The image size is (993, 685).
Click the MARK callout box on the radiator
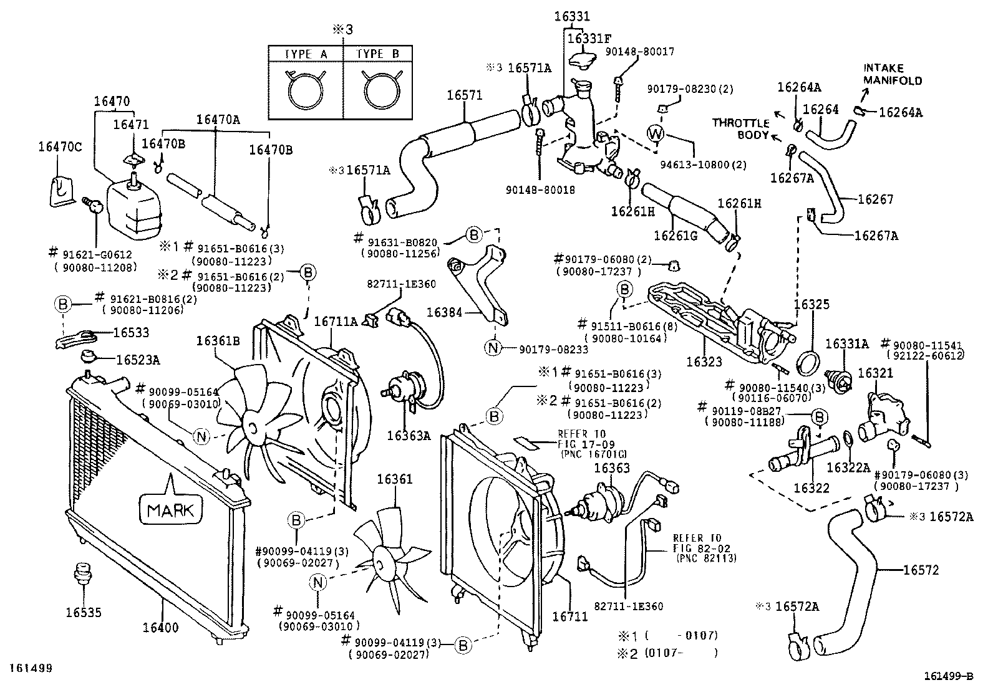click(x=171, y=510)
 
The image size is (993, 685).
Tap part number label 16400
click(x=160, y=628)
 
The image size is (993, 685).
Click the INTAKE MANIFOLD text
click(x=893, y=74)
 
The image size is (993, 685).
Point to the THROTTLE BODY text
click(x=742, y=128)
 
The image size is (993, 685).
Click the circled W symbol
click(x=656, y=133)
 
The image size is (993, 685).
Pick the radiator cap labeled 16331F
click(x=584, y=60)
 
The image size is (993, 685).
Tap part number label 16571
click(x=464, y=95)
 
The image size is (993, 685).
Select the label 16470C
click(x=59, y=147)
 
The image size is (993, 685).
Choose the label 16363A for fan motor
click(x=409, y=435)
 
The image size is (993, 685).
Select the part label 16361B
click(x=218, y=341)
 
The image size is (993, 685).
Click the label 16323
click(x=704, y=361)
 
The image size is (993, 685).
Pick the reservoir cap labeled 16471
click(x=132, y=161)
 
